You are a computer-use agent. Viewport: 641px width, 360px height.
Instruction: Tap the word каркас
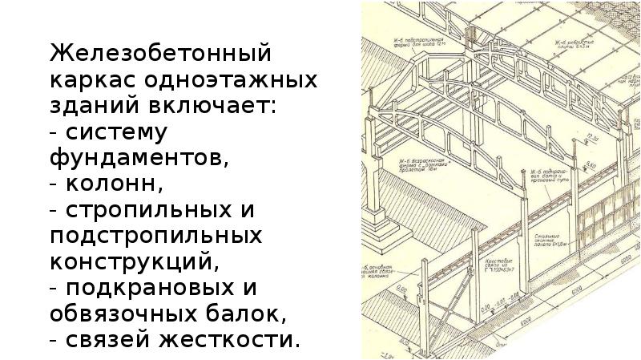[95, 82]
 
